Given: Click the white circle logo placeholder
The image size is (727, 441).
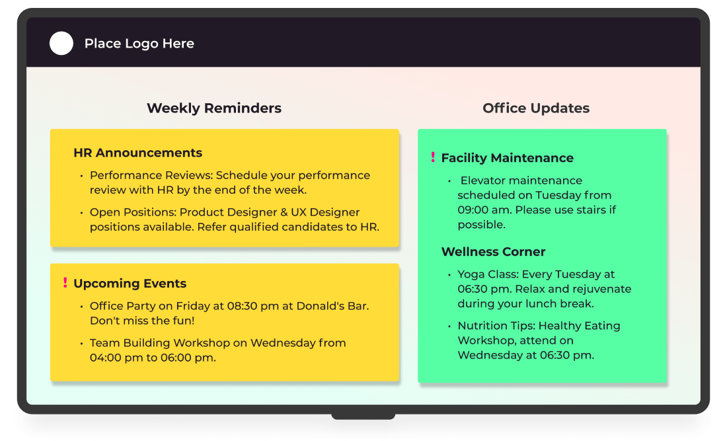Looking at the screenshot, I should pyautogui.click(x=61, y=44).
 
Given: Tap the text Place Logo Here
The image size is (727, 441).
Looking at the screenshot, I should pyautogui.click(x=139, y=44).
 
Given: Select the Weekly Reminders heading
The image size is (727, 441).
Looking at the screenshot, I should pyautogui.click(x=214, y=108).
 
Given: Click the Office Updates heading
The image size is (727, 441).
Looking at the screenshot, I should pyautogui.click(x=536, y=108).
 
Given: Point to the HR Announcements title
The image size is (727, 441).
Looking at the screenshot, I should pyautogui.click(x=137, y=153).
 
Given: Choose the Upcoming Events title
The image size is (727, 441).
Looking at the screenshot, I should pyautogui.click(x=130, y=284).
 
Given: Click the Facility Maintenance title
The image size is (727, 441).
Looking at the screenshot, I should pyautogui.click(x=507, y=158).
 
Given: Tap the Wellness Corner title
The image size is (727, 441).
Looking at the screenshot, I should pyautogui.click(x=493, y=252).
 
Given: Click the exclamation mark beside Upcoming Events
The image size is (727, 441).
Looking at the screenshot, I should pyautogui.click(x=65, y=283).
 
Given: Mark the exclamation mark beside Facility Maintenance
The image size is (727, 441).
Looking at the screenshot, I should pyautogui.click(x=433, y=157).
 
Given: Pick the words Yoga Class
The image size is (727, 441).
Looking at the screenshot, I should pyautogui.click(x=488, y=274).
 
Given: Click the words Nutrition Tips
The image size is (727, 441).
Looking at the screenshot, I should pyautogui.click(x=495, y=325).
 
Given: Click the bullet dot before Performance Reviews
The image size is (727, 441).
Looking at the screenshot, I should pyautogui.click(x=82, y=176).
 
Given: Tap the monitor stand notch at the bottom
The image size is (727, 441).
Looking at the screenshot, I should pyautogui.click(x=363, y=416).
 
